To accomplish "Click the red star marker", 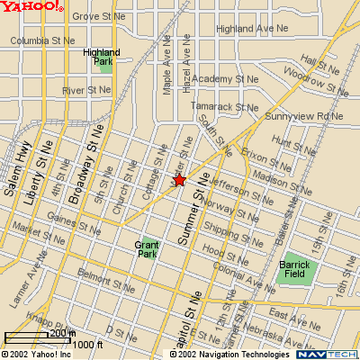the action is pyautogui.click(x=179, y=180).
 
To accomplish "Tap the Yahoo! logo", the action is pyautogui.click(x=31, y=7).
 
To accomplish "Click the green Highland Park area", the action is pyautogui.click(x=97, y=60).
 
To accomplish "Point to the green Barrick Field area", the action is pyautogui.click(x=294, y=271).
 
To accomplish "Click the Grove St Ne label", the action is pyautogui.click(x=100, y=16).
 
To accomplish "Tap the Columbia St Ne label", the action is pyautogui.click(x=42, y=40).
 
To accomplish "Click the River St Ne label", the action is pyautogui.click(x=86, y=90).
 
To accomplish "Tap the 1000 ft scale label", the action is pyautogui.click(x=88, y=344).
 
